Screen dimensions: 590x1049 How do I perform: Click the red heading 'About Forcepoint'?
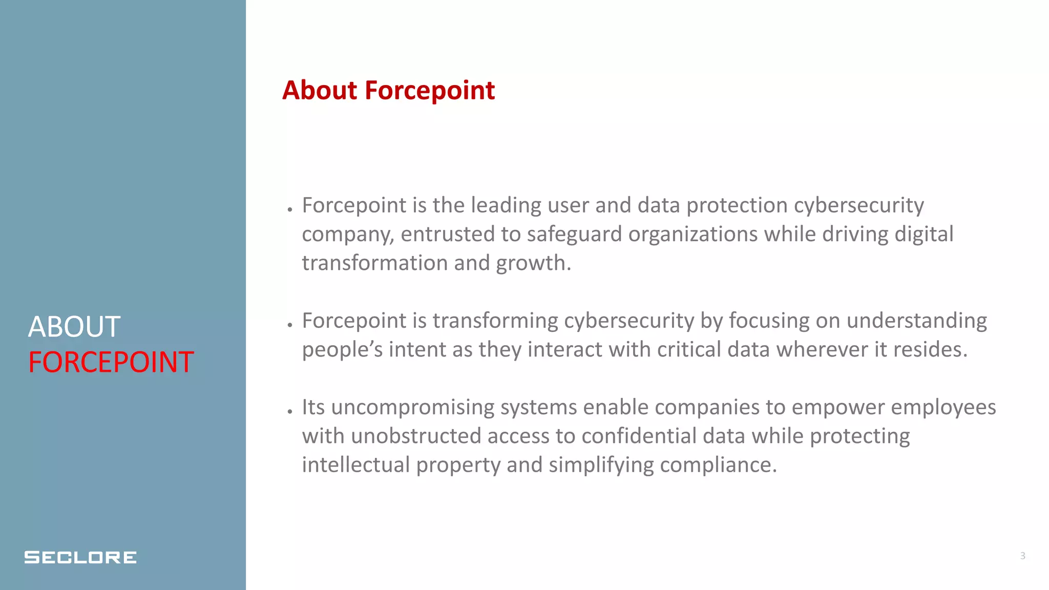click(388, 91)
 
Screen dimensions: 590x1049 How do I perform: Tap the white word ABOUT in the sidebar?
click(74, 327)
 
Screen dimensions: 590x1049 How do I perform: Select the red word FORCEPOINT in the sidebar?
click(111, 362)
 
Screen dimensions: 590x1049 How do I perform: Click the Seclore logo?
click(80, 557)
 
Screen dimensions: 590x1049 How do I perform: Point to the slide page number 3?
click(1022, 556)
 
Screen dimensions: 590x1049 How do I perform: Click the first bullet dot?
click(290, 209)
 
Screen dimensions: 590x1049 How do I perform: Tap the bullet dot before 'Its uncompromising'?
click(290, 411)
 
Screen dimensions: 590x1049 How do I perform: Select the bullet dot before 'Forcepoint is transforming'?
click(290, 325)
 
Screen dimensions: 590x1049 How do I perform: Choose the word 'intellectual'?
click(355, 465)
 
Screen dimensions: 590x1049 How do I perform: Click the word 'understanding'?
click(916, 321)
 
